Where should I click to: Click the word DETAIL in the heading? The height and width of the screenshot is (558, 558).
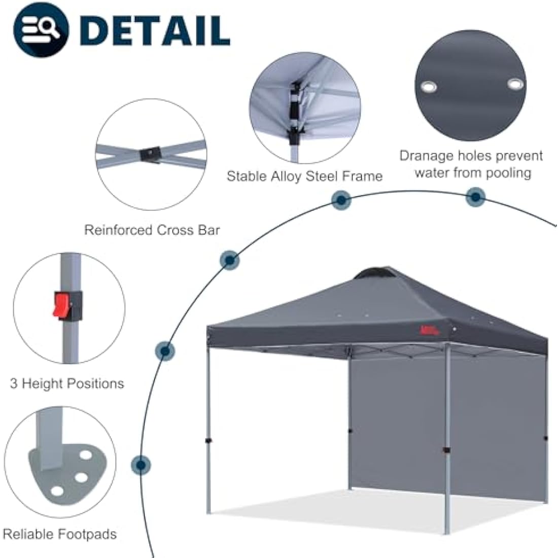click(x=155, y=30)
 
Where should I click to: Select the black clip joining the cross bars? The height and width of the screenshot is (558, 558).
click(x=151, y=152)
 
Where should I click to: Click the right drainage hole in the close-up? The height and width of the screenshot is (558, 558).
click(x=514, y=83)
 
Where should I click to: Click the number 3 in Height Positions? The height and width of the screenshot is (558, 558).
click(x=14, y=383)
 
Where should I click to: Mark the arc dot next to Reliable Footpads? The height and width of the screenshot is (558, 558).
click(x=141, y=465)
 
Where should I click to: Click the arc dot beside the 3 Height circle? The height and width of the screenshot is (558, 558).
click(x=165, y=351)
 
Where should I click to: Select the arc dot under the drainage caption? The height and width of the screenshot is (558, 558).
click(x=475, y=197)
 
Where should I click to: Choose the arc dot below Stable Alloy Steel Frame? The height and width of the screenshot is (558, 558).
click(x=341, y=200)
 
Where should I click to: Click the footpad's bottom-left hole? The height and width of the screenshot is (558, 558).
click(x=58, y=491)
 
